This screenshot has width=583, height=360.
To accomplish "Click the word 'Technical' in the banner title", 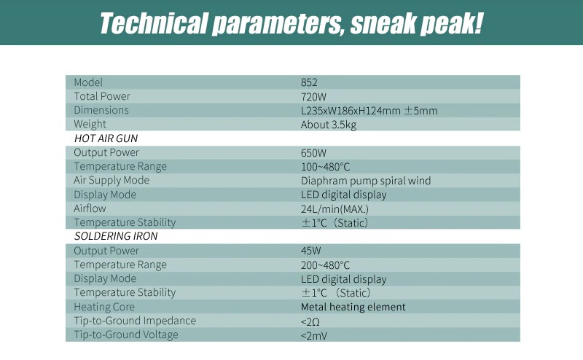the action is pos(153,23).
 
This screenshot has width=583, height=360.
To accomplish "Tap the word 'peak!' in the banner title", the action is pos(450,24).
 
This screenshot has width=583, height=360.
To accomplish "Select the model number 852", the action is pos(309,82).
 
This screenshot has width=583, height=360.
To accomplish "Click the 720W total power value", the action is pos(313,97).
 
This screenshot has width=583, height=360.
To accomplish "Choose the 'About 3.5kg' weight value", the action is pos(329,125).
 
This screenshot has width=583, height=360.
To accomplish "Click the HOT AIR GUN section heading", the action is pos(106,138).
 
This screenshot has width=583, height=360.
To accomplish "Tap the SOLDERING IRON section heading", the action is pos(116,236).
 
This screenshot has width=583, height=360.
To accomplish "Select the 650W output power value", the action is pos(313,153).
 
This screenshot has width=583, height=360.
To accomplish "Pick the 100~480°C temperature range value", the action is pos(325,167).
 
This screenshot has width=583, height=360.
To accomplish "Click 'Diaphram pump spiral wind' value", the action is pos(366,181).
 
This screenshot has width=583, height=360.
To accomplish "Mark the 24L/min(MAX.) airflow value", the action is pos(334,209).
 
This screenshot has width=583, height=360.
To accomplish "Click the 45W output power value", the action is pos(311,251).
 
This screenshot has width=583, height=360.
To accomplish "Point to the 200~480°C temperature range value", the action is pos(325,265).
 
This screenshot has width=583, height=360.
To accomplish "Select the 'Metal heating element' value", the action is pos(353,307).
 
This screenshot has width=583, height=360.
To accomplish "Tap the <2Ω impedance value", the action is pos(310,321).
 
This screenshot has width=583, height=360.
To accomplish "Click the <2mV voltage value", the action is pos(314,335).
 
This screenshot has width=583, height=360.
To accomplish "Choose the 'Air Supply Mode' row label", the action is pos(111,181).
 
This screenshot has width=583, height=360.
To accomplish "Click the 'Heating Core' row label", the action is pos(104,307).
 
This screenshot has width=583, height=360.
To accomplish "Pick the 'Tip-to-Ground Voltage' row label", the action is pos(126,334).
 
